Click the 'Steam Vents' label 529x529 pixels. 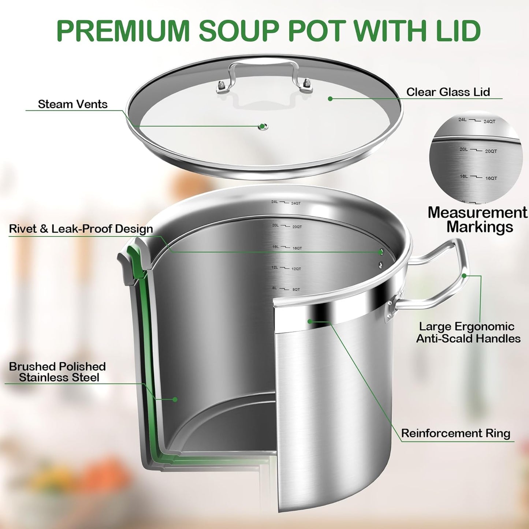click(72, 104)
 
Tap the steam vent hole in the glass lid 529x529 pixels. click(262, 127)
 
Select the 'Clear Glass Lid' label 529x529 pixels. click(448, 92)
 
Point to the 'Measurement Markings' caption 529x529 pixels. click(477, 220)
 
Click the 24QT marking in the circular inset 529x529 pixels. click(489, 122)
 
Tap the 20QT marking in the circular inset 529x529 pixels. click(491, 151)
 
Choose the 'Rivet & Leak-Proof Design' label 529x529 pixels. click(81, 229)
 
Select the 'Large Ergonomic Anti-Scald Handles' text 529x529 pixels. click(468, 332)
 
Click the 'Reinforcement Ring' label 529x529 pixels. click(455, 433)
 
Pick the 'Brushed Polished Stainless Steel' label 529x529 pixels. click(57, 372)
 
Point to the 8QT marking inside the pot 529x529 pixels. click(296, 290)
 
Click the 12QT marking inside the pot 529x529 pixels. click(296, 269)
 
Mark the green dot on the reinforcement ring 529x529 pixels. click(310, 321)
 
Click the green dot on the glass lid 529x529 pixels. click(330, 99)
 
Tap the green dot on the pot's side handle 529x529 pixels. click(464, 276)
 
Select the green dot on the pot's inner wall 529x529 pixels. click(175, 399)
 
